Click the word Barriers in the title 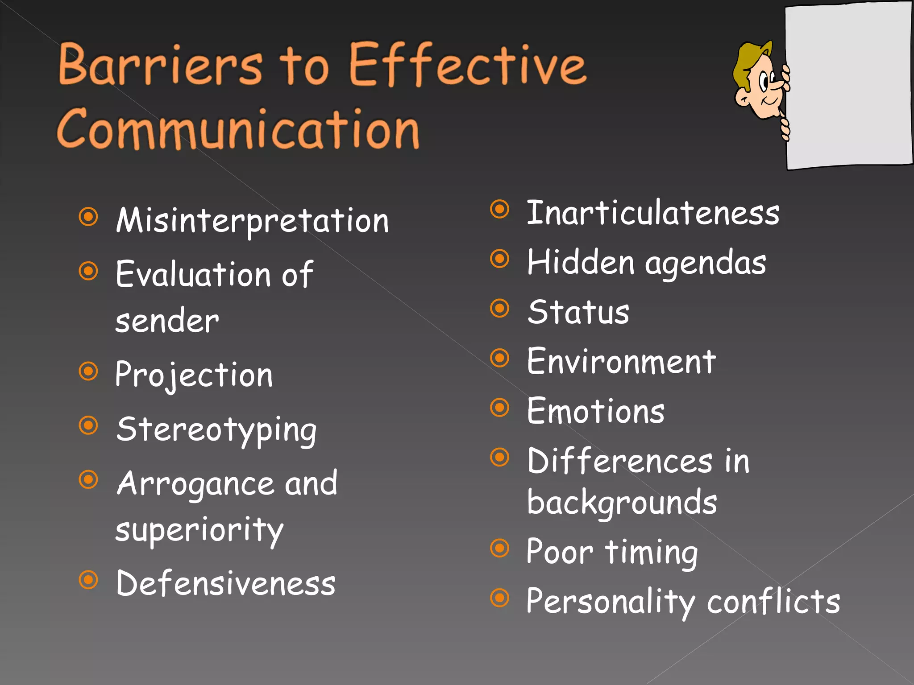pos(161,65)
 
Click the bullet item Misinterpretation pos(252,220)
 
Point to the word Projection pos(194,375)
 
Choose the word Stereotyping pos(216,429)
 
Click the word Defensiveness pos(225,583)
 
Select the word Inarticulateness pos(653,213)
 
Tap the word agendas pos(706,263)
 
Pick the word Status pos(578,312)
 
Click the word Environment pos(621,362)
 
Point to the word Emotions pos(595,411)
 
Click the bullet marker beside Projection pos(88,371)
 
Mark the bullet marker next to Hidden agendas pos(499,259)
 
